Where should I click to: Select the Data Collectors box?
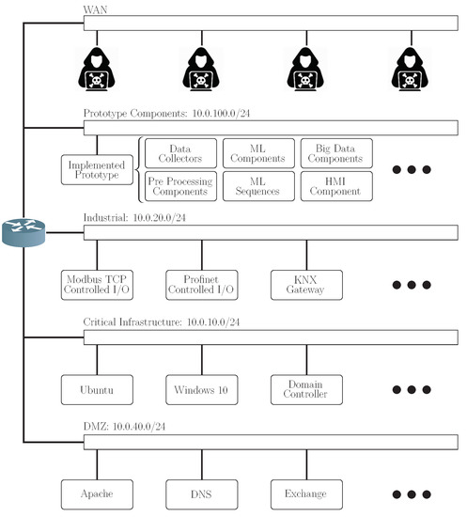click(x=179, y=153)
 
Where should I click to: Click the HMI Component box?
click(x=336, y=186)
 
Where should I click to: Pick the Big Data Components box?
click(x=336, y=153)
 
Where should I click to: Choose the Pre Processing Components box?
click(x=179, y=186)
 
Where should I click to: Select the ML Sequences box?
click(x=257, y=186)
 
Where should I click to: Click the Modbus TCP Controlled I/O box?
click(x=95, y=284)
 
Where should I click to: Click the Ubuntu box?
click(x=95, y=388)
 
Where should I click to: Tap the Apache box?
click(x=95, y=492)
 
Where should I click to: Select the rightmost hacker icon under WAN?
click(x=409, y=69)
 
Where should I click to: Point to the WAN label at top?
click(x=95, y=9)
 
